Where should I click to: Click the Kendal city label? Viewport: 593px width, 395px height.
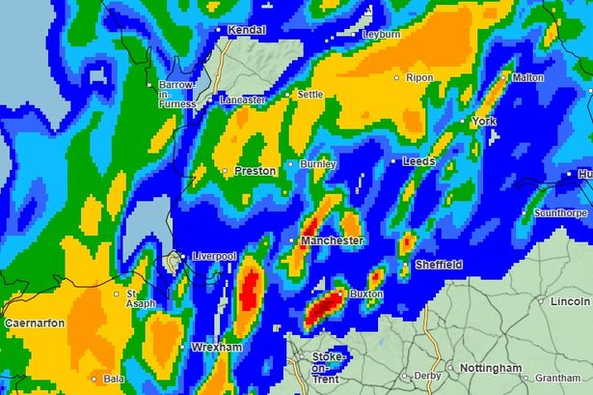pyautogui.click(x=248, y=31)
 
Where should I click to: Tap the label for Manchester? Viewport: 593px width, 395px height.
pyautogui.click(x=332, y=240)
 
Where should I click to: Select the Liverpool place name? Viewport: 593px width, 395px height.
pyautogui.click(x=215, y=256)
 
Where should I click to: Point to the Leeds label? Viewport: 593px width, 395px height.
pyautogui.click(x=419, y=160)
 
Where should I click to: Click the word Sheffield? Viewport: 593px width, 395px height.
pyautogui.click(x=439, y=265)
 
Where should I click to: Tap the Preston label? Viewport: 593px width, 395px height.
pyautogui.click(x=255, y=171)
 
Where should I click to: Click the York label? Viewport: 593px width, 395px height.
pyautogui.click(x=483, y=122)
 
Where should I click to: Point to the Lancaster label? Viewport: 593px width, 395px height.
pyautogui.click(x=243, y=99)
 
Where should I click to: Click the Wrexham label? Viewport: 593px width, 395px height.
pyautogui.click(x=215, y=346)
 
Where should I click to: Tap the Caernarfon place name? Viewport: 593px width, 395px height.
pyautogui.click(x=33, y=323)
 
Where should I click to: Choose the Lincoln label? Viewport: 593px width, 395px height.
pyautogui.click(x=571, y=302)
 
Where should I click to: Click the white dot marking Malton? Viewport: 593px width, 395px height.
pyautogui.click(x=505, y=77)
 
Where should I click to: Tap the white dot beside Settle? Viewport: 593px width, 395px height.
pyautogui.click(x=288, y=95)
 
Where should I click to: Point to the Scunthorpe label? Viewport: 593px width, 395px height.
pyautogui.click(x=564, y=213)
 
